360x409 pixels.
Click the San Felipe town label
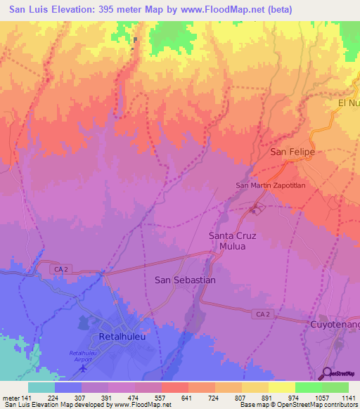292,152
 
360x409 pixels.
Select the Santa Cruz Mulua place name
236,241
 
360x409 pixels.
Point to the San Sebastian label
184,280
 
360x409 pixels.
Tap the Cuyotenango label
335,325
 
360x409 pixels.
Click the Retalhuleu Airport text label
85,356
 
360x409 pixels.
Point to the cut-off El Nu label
348,103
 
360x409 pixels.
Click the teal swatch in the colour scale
41,388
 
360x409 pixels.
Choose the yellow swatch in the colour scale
281,388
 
